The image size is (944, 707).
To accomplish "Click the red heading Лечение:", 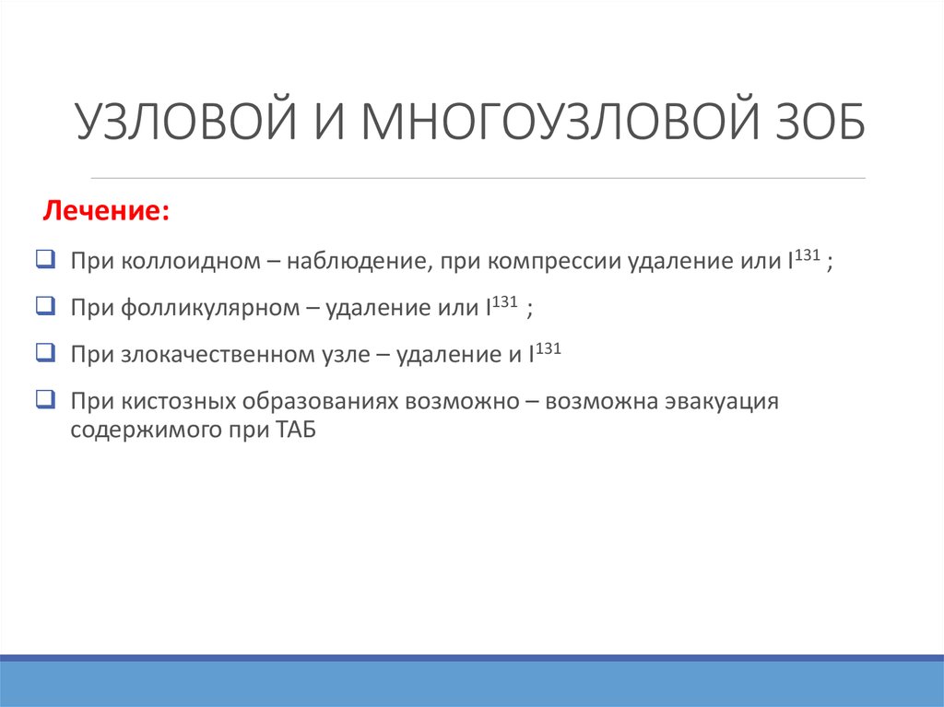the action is point(106,210).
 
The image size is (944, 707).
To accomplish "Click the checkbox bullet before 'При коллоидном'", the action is point(46,259).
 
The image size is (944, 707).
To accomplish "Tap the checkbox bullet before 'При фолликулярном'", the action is point(46,306).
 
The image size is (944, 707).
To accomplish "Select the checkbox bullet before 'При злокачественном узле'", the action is point(46,352).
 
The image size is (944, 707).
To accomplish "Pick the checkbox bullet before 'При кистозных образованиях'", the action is point(46,399).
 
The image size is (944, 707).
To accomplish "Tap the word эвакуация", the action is point(721,402).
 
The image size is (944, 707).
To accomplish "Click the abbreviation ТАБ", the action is point(296,430).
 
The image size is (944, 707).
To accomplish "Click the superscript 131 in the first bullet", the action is point(808,254).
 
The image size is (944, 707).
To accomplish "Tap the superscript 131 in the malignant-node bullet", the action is point(548,348).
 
